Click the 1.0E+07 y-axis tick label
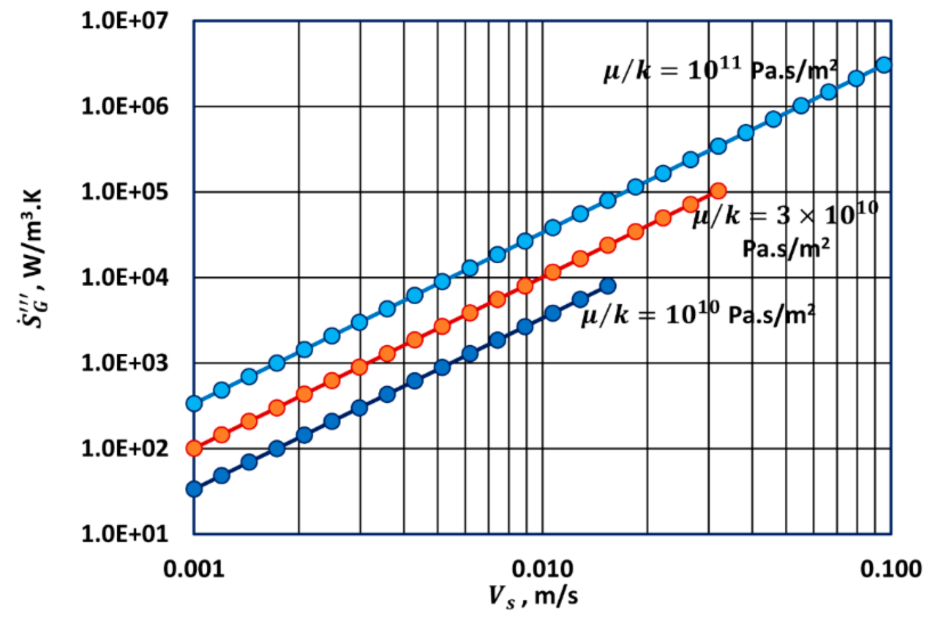click(124, 21)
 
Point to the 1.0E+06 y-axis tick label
click(124, 106)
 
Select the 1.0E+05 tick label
click(124, 192)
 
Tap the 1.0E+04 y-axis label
click(124, 278)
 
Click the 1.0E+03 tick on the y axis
click(124, 363)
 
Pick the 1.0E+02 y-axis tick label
click(124, 449)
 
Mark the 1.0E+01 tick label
click(124, 534)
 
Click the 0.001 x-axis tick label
click(194, 569)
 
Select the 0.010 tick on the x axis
click(543, 569)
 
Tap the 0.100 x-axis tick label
click(891, 569)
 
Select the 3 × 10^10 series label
click(785, 230)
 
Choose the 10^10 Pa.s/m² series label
click(698, 314)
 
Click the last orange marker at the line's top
click(718, 191)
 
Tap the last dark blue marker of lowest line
click(608, 286)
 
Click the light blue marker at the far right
click(884, 65)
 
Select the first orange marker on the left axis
click(194, 448)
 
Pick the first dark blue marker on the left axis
click(194, 489)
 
